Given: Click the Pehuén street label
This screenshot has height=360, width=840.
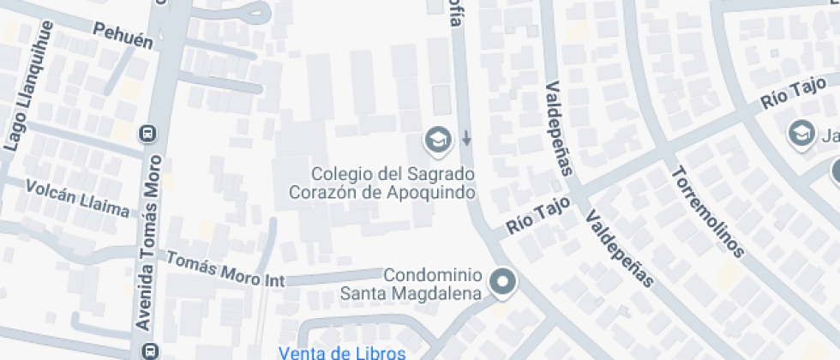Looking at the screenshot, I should (x=123, y=34).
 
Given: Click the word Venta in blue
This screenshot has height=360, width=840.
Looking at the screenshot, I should (x=305, y=352).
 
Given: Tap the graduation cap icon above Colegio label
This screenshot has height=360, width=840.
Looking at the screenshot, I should (x=439, y=139).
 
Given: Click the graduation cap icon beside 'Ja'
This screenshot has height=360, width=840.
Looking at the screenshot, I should (x=801, y=134).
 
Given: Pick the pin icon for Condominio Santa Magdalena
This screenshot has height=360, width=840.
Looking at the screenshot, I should (x=502, y=282).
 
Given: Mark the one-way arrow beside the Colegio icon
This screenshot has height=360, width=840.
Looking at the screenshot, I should (x=466, y=137).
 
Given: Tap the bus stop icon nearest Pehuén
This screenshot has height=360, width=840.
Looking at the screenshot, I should (x=148, y=134).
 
